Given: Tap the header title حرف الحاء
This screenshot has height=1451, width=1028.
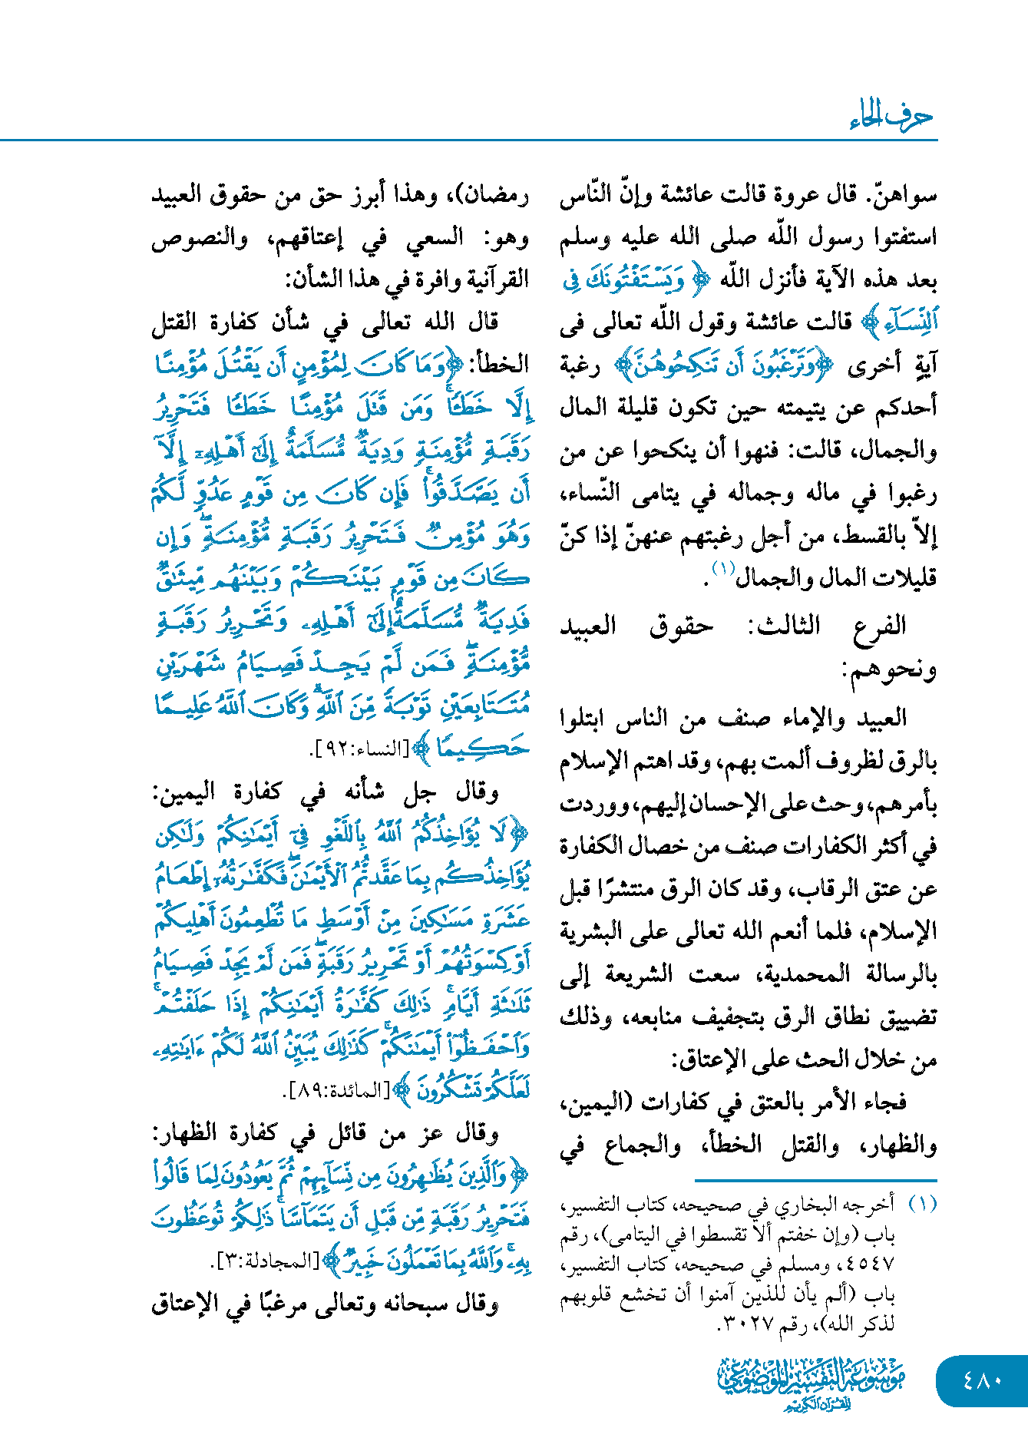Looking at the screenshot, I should pos(891,117).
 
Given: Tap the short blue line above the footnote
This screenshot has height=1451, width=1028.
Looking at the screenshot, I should pos(815,1180).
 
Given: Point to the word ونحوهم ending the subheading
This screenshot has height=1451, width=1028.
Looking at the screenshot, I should pos(891,669).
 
